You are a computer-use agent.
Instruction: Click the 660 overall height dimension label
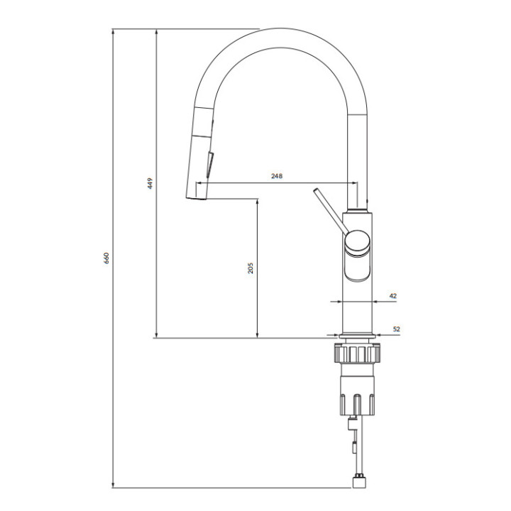[106, 258]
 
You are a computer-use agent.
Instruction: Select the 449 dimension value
[150, 184]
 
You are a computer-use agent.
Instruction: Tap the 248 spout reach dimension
[277, 176]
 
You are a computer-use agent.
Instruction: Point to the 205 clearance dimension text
[251, 268]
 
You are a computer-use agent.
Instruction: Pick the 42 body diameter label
[393, 296]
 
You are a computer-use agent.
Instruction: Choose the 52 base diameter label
[396, 329]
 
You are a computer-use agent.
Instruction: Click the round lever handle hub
[358, 243]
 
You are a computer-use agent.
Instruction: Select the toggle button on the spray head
[209, 165]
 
